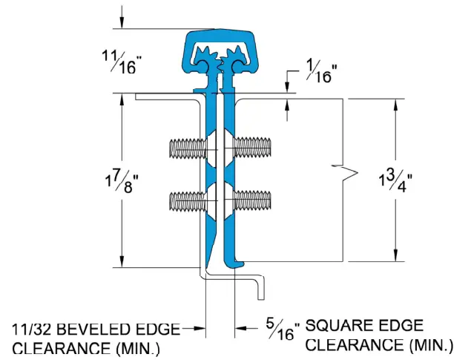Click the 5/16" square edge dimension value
click(283, 329)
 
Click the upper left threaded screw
click(186, 147)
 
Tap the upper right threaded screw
click(254, 147)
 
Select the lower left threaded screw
click(186, 200)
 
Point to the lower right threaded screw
click(254, 200)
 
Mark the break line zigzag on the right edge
click(346, 175)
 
